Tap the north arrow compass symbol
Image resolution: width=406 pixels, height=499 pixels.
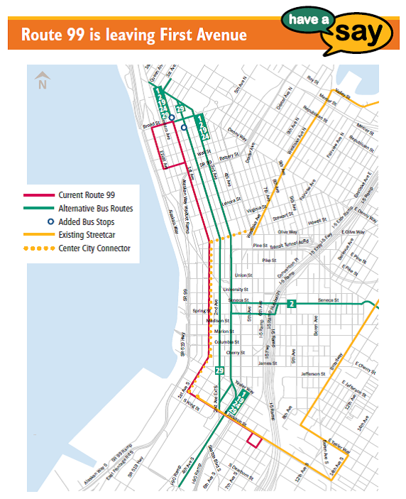tap(43, 80)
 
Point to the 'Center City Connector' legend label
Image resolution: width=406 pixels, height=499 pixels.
tap(94, 248)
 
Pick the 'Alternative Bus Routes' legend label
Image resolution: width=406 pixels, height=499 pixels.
tap(96, 209)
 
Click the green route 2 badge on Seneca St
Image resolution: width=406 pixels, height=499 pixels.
tap(291, 304)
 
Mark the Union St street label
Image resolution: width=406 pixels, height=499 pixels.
tap(243, 275)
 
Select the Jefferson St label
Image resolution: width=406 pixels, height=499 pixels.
tap(312, 373)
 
